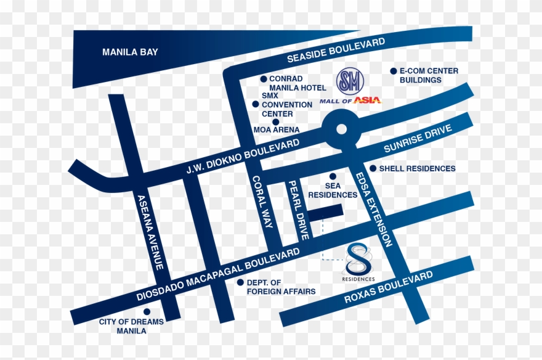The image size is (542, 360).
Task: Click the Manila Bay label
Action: point(130,52)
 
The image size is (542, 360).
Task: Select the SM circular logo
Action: point(350,81)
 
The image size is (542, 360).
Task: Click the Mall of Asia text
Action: point(350,100)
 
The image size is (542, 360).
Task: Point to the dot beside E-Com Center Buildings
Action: point(394,71)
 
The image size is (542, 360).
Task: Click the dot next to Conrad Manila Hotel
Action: point(263,79)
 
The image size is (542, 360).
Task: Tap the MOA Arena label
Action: point(277,130)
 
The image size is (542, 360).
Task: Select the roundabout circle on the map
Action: point(341,129)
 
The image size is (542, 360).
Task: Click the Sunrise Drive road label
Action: point(418,139)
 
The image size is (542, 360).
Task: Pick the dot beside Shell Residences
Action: point(373,168)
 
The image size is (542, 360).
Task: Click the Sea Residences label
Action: point(333,190)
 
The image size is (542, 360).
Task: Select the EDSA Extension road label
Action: point(374,210)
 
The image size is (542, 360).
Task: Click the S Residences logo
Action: point(358,263)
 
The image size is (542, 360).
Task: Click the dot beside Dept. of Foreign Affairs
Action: point(240,282)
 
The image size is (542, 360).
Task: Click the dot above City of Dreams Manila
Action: point(147,311)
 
